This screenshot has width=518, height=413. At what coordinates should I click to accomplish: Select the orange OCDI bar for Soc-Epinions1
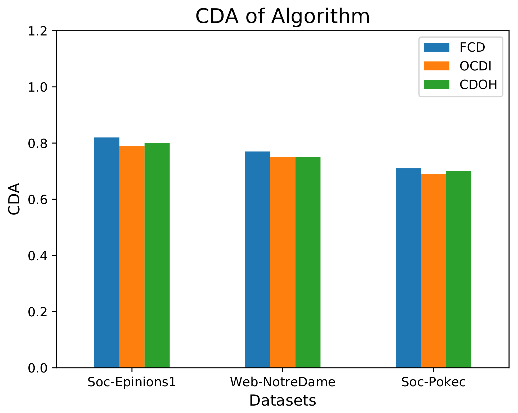132,257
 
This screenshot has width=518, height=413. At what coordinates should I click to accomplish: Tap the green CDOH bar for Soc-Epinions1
157,255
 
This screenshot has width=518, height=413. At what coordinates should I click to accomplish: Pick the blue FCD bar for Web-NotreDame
257,259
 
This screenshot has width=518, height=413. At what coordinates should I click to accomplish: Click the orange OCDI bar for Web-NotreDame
283,262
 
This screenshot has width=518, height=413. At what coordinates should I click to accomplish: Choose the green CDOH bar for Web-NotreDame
308,262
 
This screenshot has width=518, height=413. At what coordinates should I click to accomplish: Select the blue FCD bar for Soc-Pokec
408,268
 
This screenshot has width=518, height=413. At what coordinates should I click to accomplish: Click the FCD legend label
472,48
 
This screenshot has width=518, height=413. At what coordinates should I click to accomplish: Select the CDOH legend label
478,85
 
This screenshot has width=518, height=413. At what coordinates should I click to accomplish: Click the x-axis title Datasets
283,401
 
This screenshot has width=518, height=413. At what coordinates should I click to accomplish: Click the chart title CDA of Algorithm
283,16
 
